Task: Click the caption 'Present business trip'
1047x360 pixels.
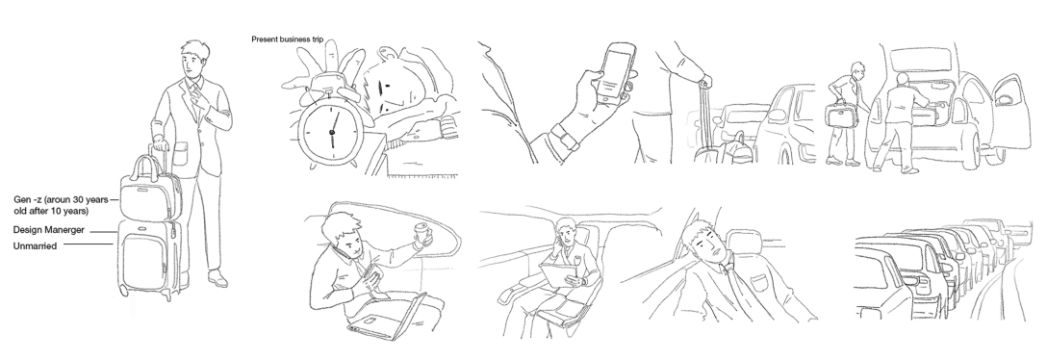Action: click(x=287, y=39)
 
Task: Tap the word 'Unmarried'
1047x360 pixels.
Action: click(x=35, y=246)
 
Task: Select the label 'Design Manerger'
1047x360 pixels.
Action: click(x=48, y=230)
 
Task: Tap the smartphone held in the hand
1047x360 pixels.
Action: click(x=615, y=69)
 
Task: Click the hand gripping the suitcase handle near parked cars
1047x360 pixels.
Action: click(x=703, y=83)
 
